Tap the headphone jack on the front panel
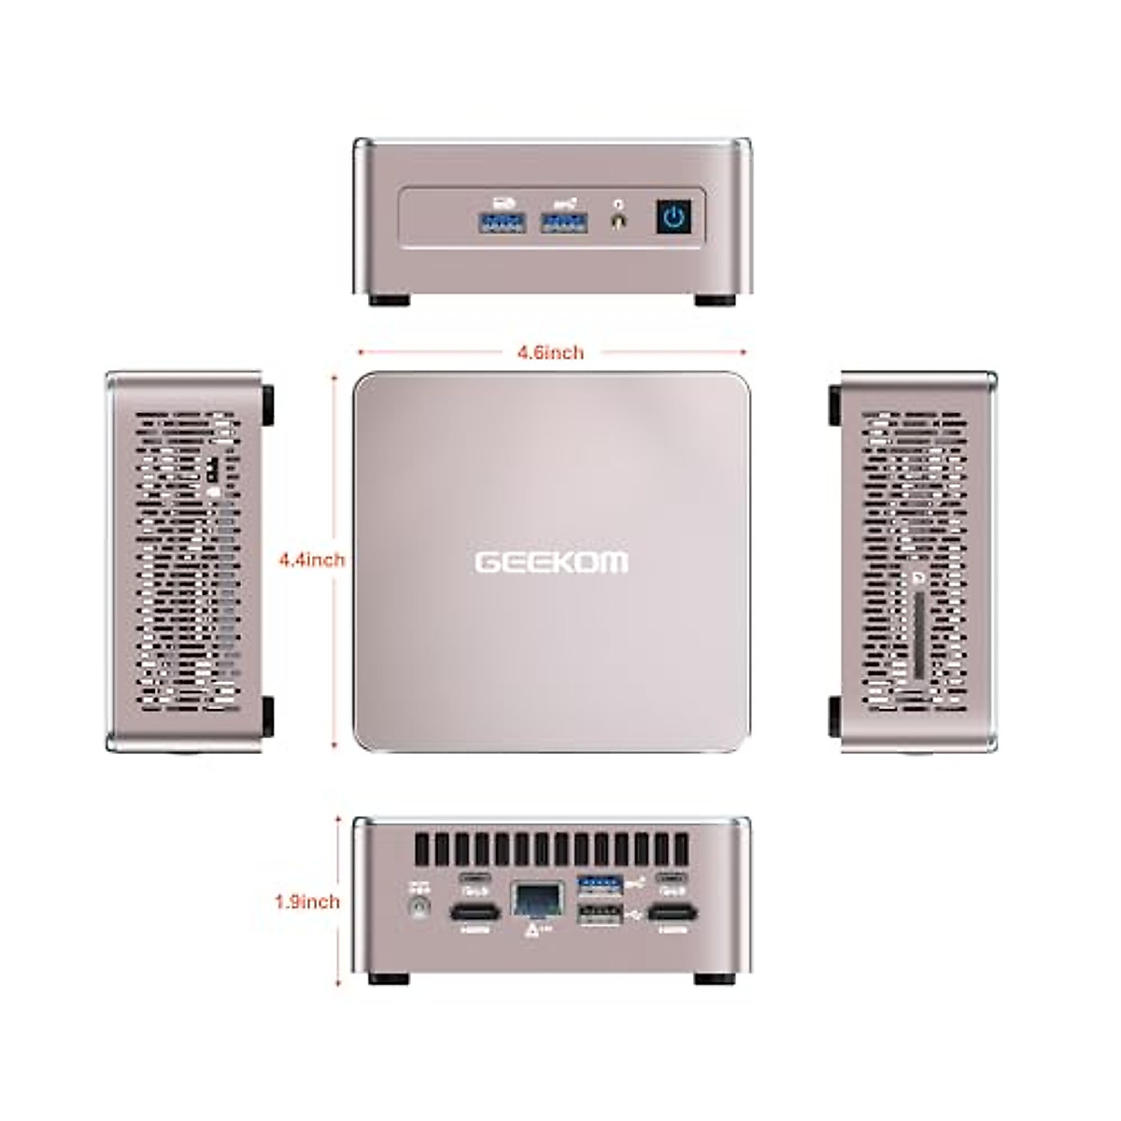click(x=617, y=222)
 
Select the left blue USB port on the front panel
click(x=504, y=221)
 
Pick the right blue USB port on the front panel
click(x=566, y=221)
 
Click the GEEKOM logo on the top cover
click(x=552, y=562)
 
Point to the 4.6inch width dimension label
click(x=550, y=352)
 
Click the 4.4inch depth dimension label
click(x=312, y=560)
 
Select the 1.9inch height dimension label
click(x=307, y=901)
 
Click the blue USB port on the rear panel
click(x=601, y=882)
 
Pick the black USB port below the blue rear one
click(x=601, y=918)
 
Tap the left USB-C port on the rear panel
click(x=475, y=879)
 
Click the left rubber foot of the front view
click(x=389, y=300)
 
